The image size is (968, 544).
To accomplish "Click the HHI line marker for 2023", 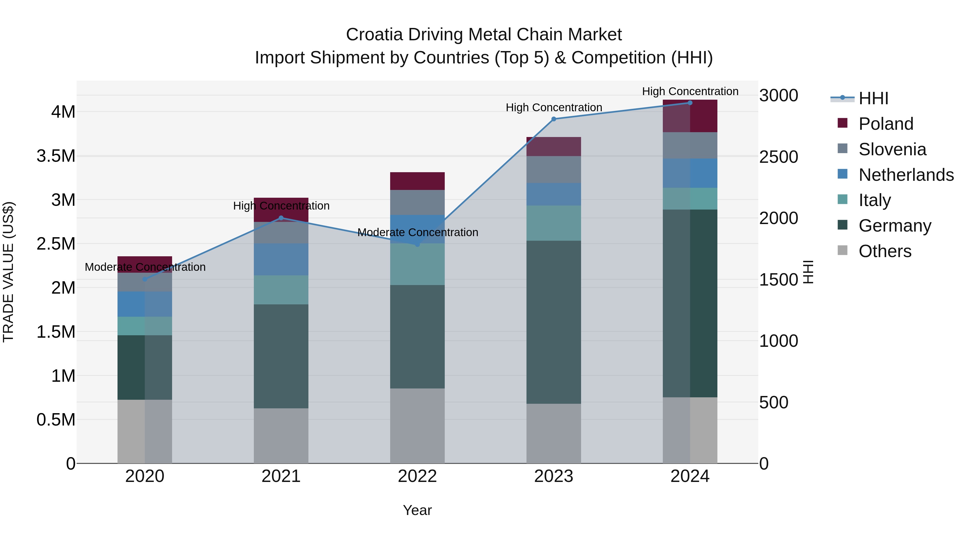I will [x=554, y=119].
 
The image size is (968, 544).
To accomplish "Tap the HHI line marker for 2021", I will [x=281, y=218].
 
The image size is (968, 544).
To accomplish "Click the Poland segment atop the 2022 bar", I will [x=417, y=181].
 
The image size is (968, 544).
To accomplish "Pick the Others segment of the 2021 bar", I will [x=281, y=435].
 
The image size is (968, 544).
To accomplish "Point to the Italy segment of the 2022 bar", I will [x=417, y=264].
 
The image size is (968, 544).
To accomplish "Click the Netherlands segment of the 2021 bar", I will [x=281, y=260].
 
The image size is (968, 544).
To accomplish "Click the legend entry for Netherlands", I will [x=906, y=175].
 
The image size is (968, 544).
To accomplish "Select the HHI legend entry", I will [x=873, y=98].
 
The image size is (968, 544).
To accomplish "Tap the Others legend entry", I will [x=885, y=251].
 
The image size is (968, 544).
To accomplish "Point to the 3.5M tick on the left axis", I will [x=56, y=156].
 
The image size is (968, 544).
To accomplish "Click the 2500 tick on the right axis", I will [x=779, y=157].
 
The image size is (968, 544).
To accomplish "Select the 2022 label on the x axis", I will [x=417, y=476].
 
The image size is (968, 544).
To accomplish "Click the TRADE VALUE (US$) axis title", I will [x=8, y=272].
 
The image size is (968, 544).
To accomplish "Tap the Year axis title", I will [x=417, y=510].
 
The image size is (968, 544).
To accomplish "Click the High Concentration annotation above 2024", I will [x=690, y=91].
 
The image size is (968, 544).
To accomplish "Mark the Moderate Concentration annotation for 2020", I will [x=145, y=267].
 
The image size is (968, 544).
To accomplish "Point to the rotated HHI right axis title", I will [x=808, y=272].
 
